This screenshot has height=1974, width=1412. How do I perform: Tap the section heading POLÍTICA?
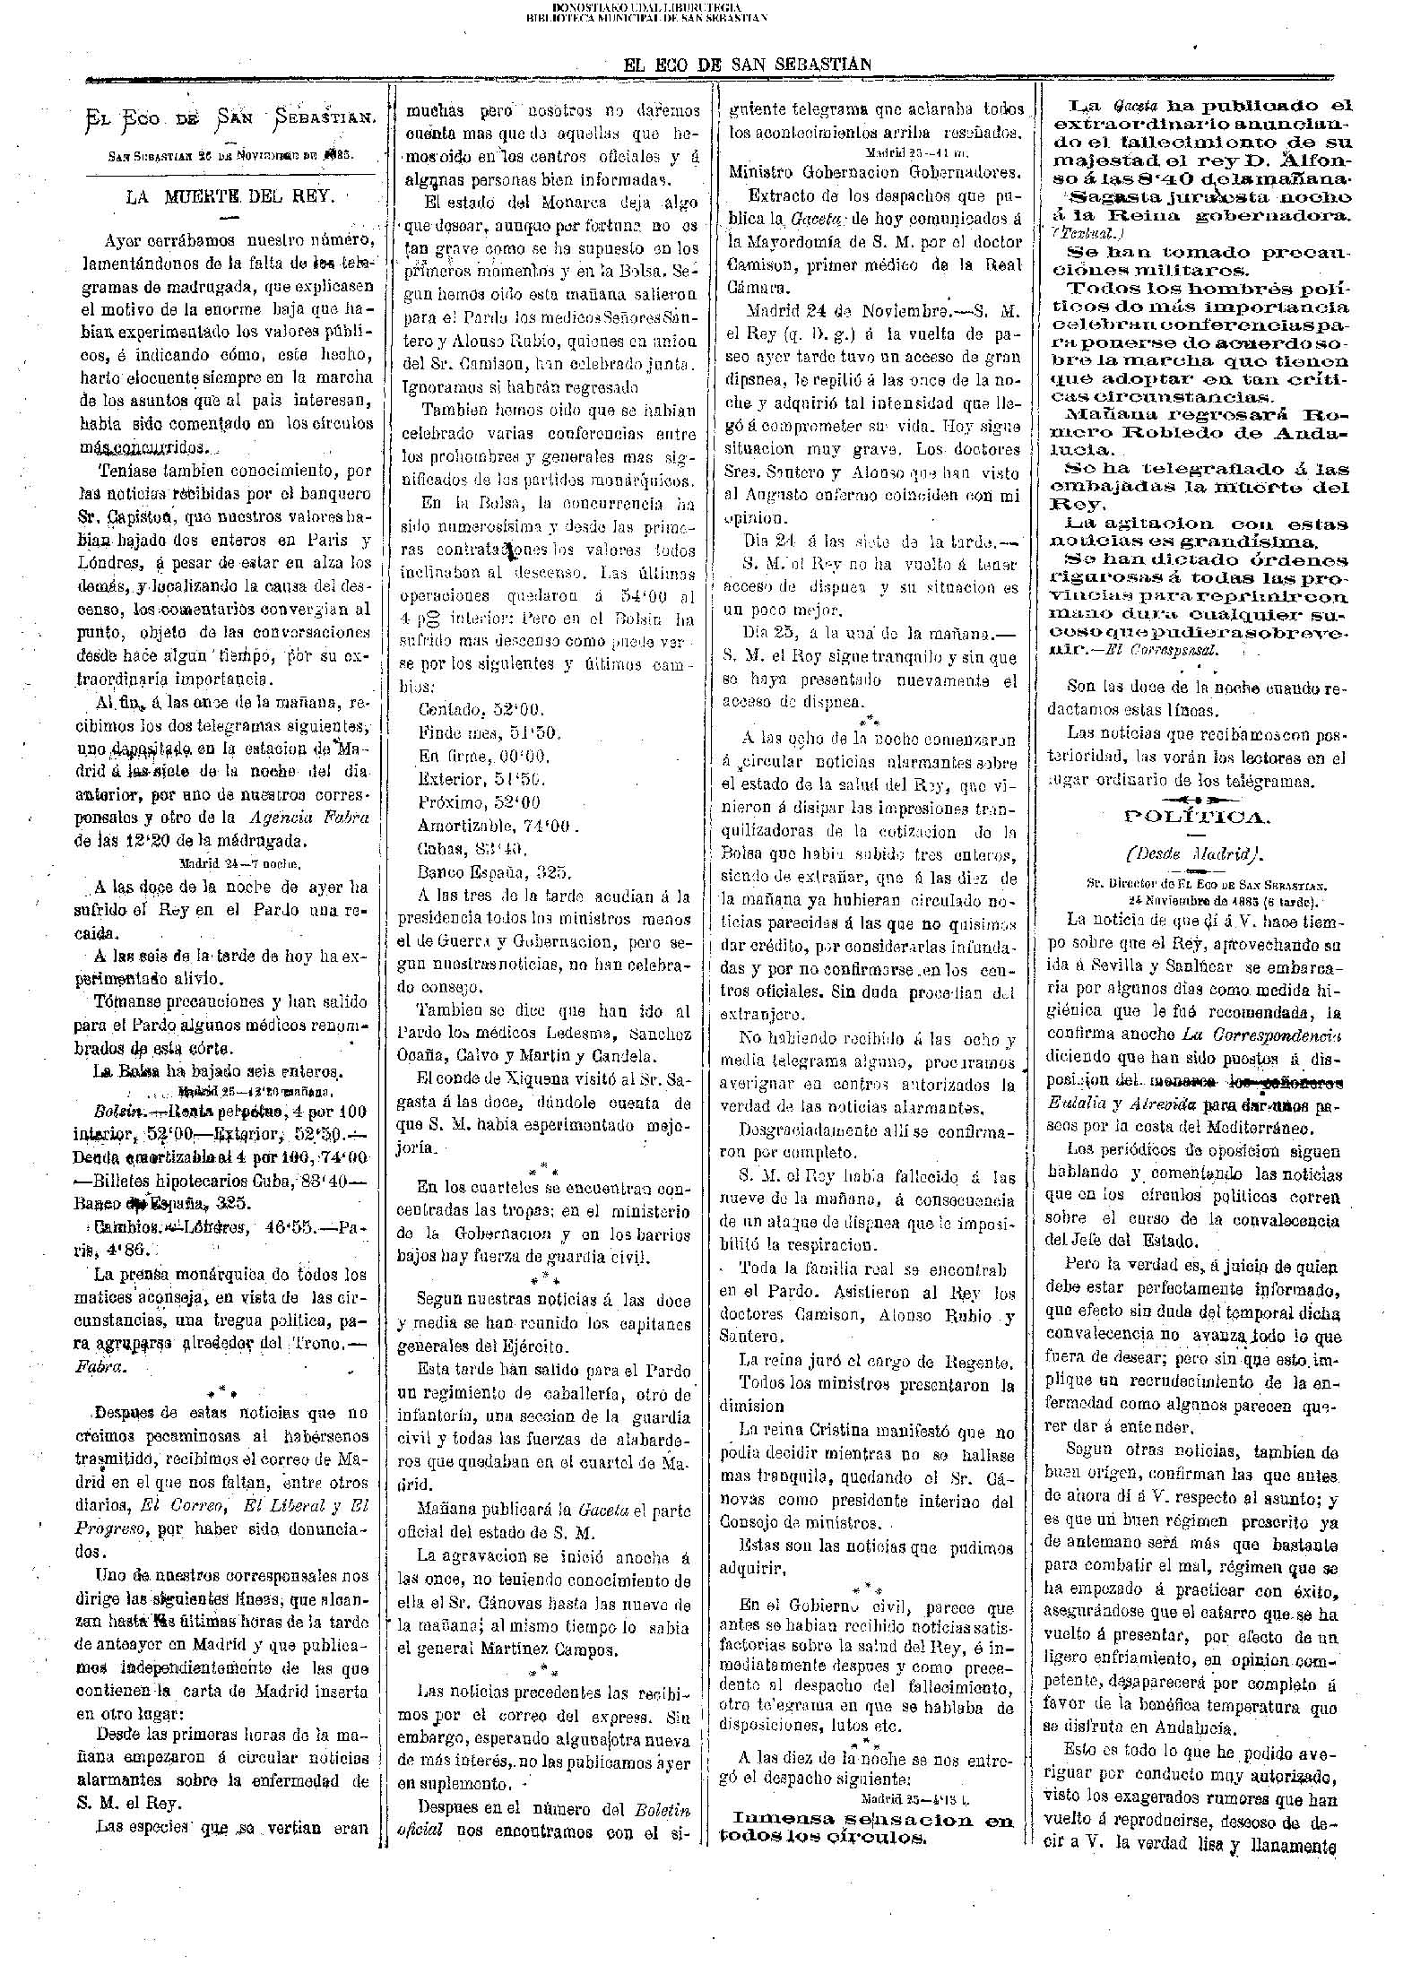coord(1197,816)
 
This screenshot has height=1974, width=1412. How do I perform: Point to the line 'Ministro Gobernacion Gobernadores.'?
coord(873,172)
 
